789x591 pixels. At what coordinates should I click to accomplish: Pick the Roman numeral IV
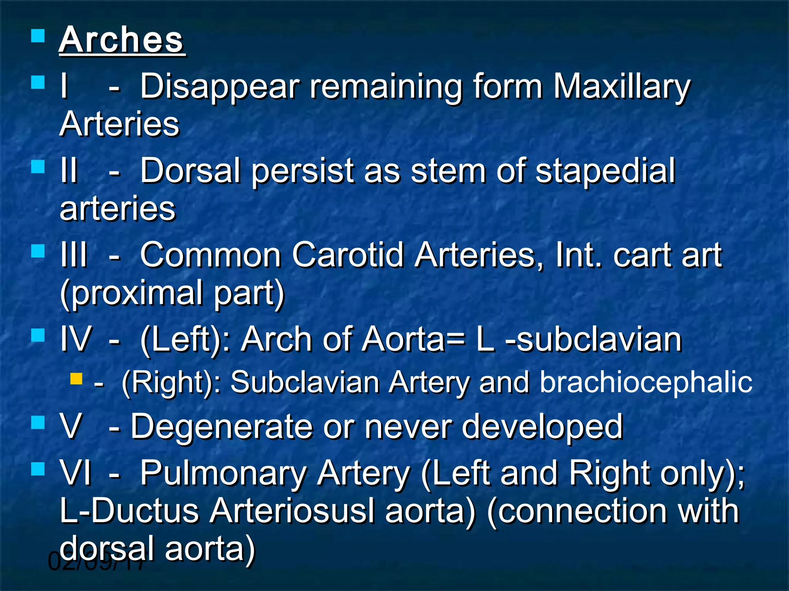pyautogui.click(x=76, y=339)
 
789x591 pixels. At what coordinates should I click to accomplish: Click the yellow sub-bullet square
pyautogui.click(x=76, y=379)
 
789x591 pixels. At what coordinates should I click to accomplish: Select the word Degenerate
pyautogui.click(x=222, y=426)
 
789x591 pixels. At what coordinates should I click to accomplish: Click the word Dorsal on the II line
pyautogui.click(x=190, y=171)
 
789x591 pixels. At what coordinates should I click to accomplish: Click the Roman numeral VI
pyautogui.click(x=76, y=473)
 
